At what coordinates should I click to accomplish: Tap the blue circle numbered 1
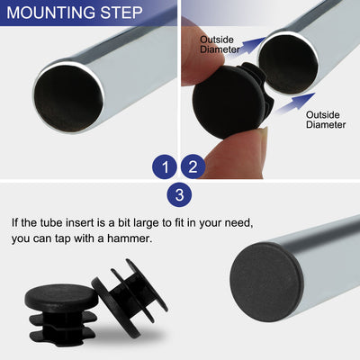point(164,166)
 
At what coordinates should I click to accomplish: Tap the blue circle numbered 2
point(193,166)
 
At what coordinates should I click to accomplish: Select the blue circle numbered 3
point(178,193)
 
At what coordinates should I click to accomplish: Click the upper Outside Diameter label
point(220,44)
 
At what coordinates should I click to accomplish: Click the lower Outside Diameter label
point(325,120)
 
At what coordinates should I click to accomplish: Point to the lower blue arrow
point(291,107)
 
